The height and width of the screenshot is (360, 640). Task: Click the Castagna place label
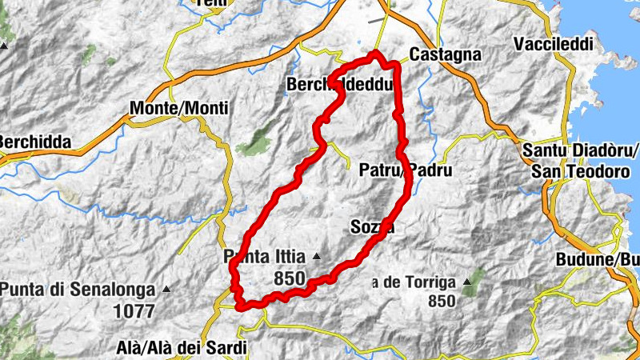pos(445,55)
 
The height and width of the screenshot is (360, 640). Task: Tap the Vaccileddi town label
pos(552,42)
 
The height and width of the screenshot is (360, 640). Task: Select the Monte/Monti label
pos(178,108)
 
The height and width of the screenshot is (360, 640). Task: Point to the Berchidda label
pos(34,142)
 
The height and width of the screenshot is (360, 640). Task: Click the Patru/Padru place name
pos(406,170)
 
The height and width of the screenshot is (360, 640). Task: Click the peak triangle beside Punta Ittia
pos(317,257)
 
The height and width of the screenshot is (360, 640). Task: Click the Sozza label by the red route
pos(373,227)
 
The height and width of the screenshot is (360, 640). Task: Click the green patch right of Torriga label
pos(474,278)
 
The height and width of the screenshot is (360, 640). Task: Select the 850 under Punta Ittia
pos(289,278)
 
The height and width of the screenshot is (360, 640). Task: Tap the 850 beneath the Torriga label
pos(442,301)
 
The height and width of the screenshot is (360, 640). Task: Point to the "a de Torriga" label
pos(412,282)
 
